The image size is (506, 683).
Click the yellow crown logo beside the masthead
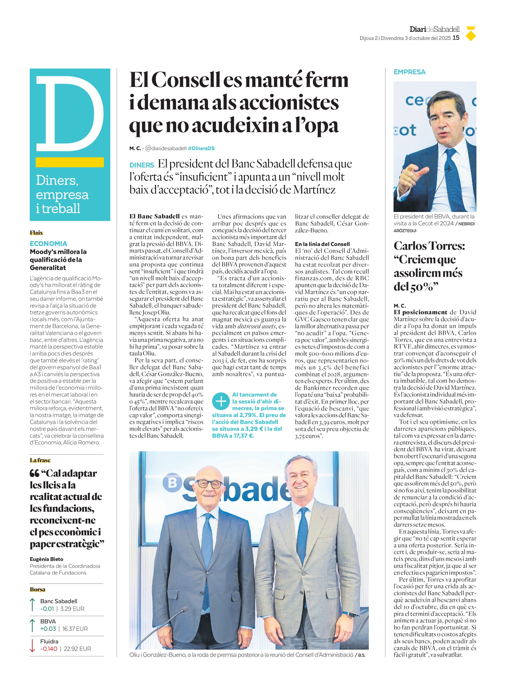(x=470, y=33)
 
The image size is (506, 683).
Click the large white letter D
(x=69, y=113)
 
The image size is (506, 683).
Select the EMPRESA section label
(x=410, y=72)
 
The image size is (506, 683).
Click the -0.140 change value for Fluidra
(x=49, y=649)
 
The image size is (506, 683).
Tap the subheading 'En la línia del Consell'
(x=322, y=244)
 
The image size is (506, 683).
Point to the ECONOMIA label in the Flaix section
(x=48, y=244)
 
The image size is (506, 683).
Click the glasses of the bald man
(x=209, y=484)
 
